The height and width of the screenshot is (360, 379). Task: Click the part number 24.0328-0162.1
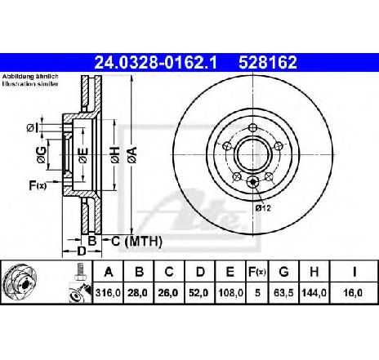coord(155,62)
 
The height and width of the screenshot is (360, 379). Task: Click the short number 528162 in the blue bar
coord(268,62)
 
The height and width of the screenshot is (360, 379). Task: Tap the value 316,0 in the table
coord(108,293)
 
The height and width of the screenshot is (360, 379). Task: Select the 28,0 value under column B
coord(139,293)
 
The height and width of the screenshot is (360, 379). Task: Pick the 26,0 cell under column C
coord(169,293)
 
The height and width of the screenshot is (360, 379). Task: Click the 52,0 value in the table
coord(199,293)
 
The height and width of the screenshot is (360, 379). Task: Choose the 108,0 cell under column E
coord(230,293)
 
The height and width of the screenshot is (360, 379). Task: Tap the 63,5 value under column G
coord(283,293)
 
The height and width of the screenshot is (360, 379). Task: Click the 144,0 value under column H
coord(314,293)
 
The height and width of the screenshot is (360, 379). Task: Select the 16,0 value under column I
coord(354,293)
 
